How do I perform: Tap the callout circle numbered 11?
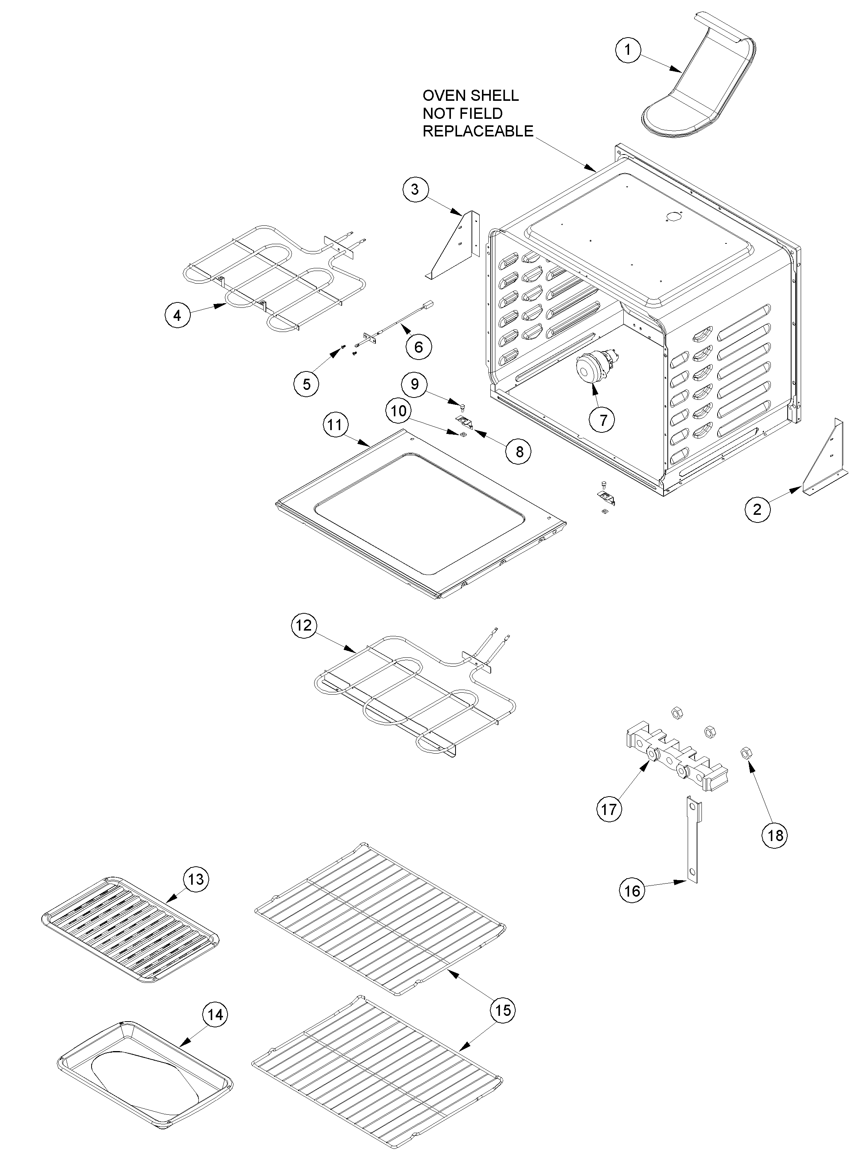pyautogui.click(x=334, y=425)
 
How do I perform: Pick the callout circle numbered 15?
pyautogui.click(x=502, y=1010)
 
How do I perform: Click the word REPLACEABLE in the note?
pyautogui.click(x=477, y=131)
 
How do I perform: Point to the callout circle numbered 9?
pyautogui.click(x=415, y=384)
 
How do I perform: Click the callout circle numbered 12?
pyautogui.click(x=303, y=624)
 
